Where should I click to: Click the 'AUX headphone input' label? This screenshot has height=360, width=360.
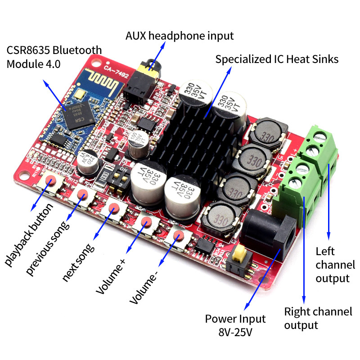click(x=180, y=36)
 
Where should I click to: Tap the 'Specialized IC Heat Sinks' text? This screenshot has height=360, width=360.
click(x=277, y=59)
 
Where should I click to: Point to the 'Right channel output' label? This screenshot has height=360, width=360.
click(x=318, y=318)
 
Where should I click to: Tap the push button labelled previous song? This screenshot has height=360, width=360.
click(x=82, y=194)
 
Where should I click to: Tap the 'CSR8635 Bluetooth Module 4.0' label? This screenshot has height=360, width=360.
click(x=54, y=56)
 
